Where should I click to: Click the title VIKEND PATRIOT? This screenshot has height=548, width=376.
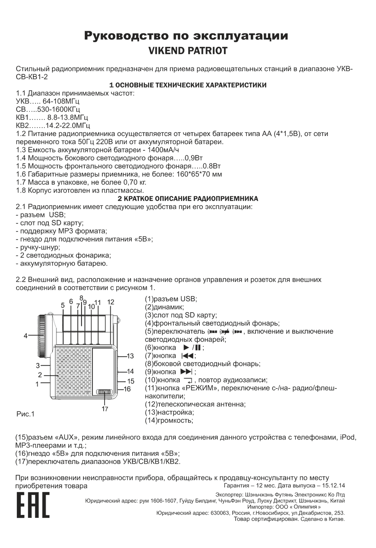[x=188, y=51]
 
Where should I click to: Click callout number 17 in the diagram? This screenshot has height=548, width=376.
[x=105, y=409]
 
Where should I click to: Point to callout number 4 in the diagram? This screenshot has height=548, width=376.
[x=26, y=335]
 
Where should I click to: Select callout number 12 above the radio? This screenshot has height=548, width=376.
[x=111, y=302]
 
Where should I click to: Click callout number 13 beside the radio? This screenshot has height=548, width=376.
[x=130, y=356]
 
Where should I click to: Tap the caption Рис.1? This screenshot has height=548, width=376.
[x=25, y=414]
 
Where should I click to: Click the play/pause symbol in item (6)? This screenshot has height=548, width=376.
[x=193, y=348]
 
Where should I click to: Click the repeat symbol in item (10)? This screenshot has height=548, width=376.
[x=188, y=380]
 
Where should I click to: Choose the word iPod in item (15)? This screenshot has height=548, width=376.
[x=348, y=437]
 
